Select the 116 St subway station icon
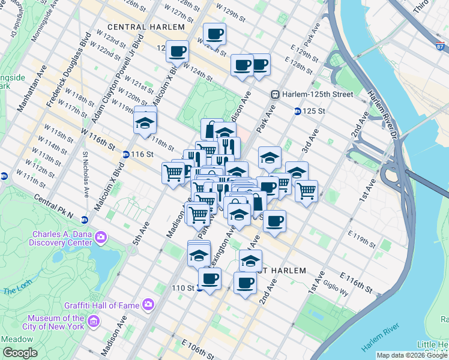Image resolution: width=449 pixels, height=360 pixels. [125, 154]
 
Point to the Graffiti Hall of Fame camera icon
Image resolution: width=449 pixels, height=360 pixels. [148, 305]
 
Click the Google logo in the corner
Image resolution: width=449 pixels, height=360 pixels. [19, 353]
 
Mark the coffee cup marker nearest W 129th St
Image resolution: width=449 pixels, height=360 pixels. [214, 34]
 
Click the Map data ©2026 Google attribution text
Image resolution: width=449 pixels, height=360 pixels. [412, 355]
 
